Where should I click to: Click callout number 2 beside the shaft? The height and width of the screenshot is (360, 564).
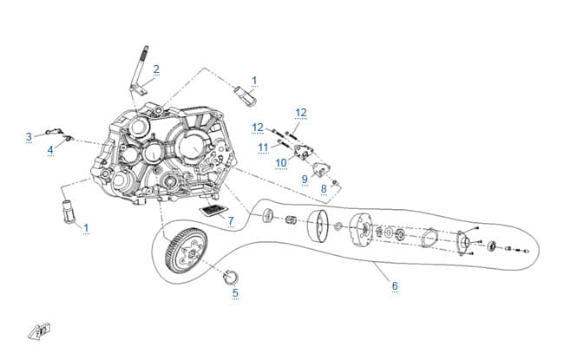156,69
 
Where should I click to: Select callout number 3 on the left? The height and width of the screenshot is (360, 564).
29,137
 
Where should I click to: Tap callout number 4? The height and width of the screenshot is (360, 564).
50,149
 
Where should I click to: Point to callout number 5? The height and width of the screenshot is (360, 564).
235,292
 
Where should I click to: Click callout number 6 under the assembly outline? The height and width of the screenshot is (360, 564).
395,286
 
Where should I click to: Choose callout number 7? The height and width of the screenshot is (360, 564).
231,221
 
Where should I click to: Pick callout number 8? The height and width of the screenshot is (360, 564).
324,188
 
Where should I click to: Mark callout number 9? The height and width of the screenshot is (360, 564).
305,179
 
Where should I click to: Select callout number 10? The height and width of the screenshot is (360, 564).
281,163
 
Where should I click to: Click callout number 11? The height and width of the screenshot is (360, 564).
263,147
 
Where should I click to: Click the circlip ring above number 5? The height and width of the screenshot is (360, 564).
231,276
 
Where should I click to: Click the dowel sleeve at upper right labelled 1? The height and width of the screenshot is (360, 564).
245,95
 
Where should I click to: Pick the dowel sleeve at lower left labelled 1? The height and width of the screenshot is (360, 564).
68,211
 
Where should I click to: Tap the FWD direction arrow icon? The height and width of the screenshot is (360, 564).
40,331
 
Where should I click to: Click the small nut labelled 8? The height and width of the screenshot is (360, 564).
335,183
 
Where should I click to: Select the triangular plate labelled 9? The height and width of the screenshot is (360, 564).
320,169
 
